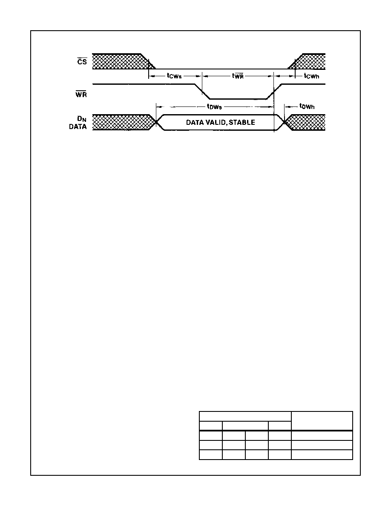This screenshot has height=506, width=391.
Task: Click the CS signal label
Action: coord(82,61)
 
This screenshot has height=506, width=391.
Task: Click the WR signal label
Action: coord(81,95)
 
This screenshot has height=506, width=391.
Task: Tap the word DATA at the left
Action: coord(78,127)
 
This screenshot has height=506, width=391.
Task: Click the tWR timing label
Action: coord(238,75)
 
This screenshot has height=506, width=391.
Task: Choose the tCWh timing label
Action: coord(311,76)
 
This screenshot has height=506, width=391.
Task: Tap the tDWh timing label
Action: coord(307,106)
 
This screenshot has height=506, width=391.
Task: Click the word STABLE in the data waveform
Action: coord(242,122)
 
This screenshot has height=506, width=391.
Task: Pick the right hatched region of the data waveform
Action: coord(305,122)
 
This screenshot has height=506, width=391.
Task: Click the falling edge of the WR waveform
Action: coord(202,91)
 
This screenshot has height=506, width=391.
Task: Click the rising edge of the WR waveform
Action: coord(274,91)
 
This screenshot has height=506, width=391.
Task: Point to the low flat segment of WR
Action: coord(238,99)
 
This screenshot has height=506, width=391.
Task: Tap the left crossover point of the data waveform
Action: coord(157,122)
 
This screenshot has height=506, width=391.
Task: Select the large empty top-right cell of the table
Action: coord(322,421)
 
